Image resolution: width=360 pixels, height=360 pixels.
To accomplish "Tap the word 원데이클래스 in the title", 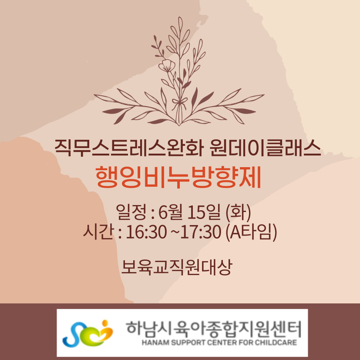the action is click(265, 148).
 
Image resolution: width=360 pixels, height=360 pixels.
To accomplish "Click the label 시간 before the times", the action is click(98, 232).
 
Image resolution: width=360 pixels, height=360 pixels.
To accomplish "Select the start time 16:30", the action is click(146, 232).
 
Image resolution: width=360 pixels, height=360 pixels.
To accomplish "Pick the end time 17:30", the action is click(201, 232).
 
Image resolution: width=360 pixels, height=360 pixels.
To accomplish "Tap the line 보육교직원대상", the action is click(177, 267).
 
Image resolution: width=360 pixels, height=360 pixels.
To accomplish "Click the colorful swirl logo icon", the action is click(87, 333).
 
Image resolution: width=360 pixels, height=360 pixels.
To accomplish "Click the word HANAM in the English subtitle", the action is click(152, 343).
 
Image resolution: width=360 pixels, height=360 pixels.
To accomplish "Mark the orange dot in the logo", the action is click(105, 323).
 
